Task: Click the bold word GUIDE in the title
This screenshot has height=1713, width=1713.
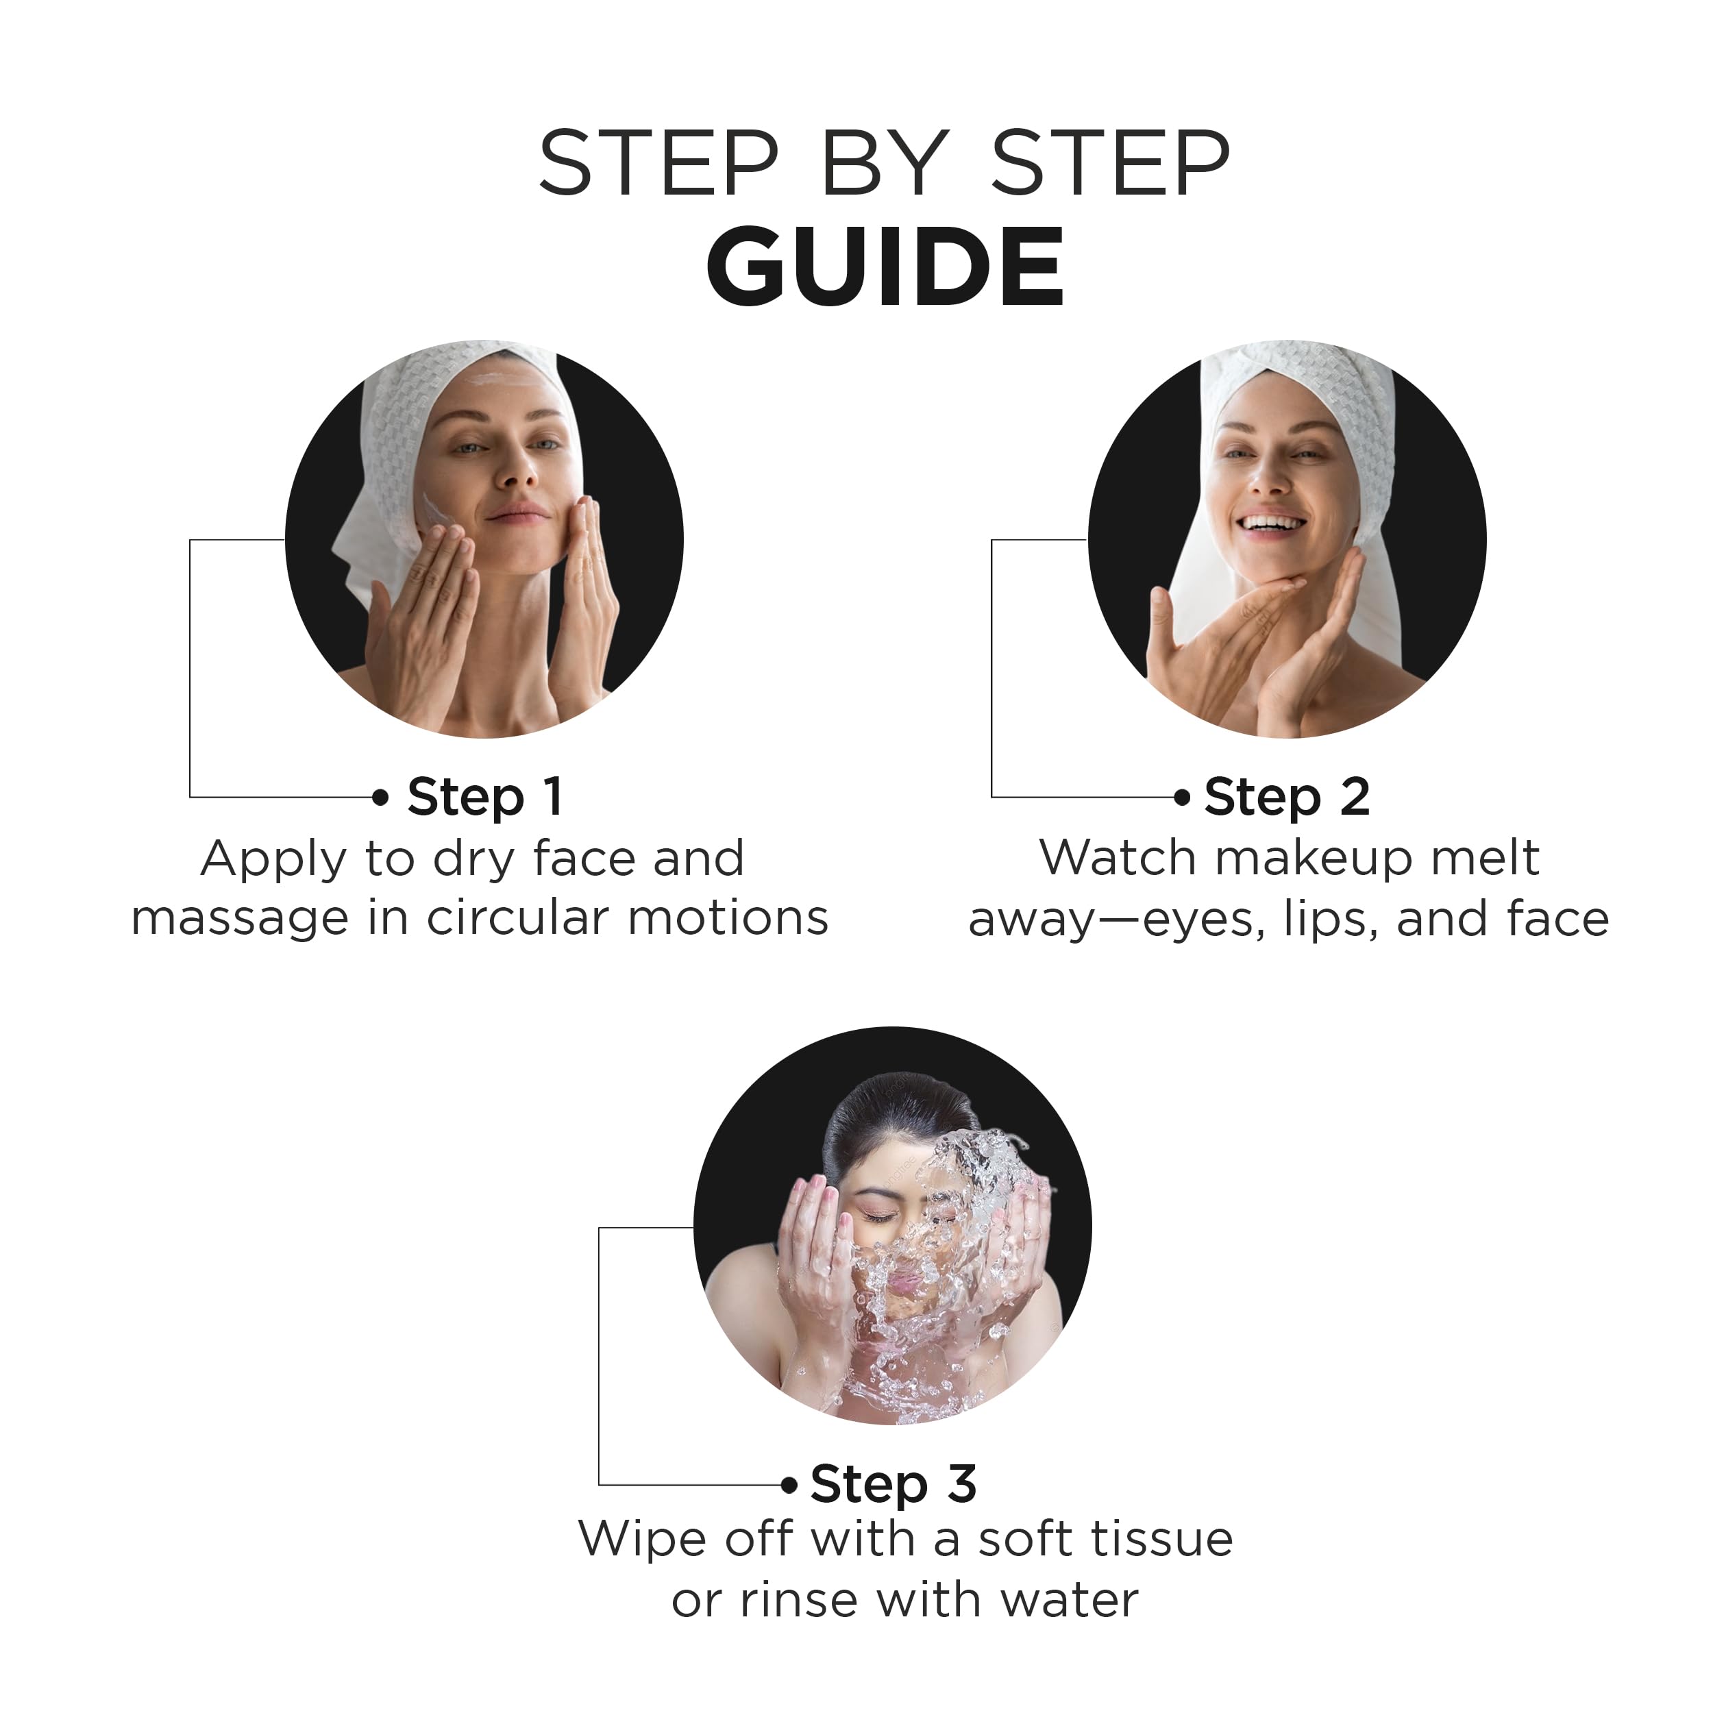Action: pyautogui.click(x=884, y=266)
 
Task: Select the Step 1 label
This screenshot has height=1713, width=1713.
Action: pyautogui.click(x=485, y=798)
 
